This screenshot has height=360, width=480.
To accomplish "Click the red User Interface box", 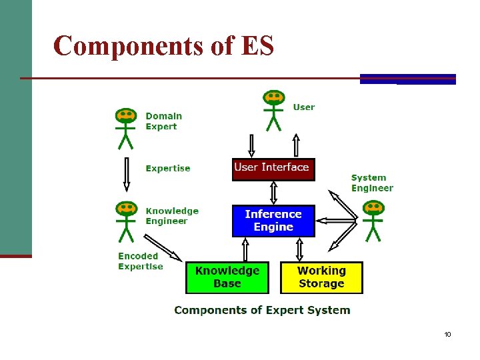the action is [273, 169].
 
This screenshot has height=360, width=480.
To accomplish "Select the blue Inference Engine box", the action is [273, 221].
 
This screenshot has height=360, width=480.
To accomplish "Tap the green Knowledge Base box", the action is [227, 277].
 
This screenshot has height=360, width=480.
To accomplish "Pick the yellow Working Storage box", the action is [321, 277].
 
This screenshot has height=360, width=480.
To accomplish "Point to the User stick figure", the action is [273, 110].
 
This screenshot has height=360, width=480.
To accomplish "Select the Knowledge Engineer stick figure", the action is [125, 221].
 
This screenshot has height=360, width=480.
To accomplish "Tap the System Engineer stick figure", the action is [373, 220].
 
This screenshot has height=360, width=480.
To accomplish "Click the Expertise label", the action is [168, 169].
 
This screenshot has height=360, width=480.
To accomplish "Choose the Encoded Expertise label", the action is [140, 261].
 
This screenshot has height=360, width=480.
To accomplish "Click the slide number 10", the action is [447, 334].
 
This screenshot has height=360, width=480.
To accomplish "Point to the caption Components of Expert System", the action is [262, 310].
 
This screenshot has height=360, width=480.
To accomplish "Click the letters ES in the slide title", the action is [257, 46].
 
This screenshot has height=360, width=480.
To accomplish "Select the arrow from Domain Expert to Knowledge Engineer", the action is [125, 175].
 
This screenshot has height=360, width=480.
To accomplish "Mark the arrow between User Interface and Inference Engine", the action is [273, 193].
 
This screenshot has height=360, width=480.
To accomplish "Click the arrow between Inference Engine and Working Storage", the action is [299, 249].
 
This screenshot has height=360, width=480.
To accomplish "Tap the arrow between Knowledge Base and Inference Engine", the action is [245, 249].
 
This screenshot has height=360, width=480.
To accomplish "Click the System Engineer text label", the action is [372, 183].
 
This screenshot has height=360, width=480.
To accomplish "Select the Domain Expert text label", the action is [163, 121].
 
